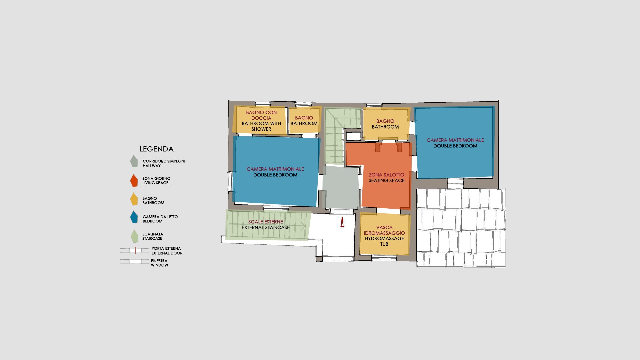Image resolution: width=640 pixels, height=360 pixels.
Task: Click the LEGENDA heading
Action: click(156, 149)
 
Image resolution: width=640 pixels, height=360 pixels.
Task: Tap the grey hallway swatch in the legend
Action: click(134, 161)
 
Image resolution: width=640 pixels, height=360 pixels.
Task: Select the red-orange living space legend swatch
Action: click(134, 180)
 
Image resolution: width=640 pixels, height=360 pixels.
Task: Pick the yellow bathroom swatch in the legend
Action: click(134, 199)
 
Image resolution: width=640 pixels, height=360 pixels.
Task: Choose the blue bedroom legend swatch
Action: click(134, 217)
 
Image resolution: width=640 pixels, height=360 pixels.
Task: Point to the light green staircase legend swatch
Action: click(134, 236)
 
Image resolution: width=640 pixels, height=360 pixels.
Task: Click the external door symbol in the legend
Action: click(135, 250)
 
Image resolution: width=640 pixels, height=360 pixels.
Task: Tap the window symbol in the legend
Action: click(135, 262)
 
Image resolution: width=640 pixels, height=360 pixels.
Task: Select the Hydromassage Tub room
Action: click(385, 235)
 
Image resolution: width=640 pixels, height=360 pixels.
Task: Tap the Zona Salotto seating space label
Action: click(387, 177)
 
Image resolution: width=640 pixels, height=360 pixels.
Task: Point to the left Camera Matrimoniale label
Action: click(275, 169)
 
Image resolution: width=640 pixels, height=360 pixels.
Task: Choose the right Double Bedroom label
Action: click(455, 146)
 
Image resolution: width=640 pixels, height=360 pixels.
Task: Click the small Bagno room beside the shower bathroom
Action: click(304, 121)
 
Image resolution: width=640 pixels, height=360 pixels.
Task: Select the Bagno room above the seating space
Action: click(386, 124)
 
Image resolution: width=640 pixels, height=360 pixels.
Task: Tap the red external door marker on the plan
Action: click(342, 222)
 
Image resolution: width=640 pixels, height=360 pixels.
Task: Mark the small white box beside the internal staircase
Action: click(353, 136)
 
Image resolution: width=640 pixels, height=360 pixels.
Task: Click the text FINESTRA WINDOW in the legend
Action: click(159, 263)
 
